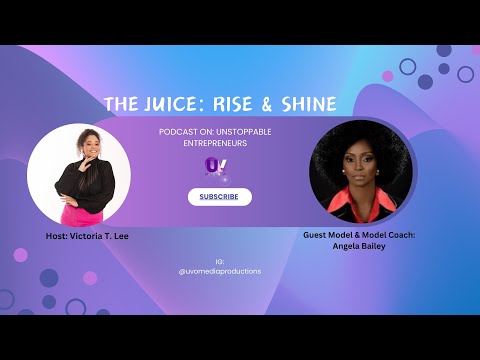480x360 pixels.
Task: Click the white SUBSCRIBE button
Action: [x=219, y=197]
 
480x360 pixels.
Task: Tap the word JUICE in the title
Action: [x=180, y=104]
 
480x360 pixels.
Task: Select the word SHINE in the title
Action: [x=305, y=104]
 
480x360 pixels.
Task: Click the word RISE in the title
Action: [x=238, y=104]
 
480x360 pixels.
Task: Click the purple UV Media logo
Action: [x=214, y=166]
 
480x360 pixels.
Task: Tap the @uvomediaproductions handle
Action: [x=219, y=271]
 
